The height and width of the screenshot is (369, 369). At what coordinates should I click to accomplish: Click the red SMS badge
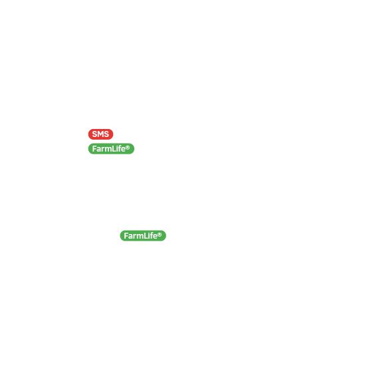(x=100, y=134)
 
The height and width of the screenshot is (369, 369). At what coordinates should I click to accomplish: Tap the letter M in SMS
(x=100, y=134)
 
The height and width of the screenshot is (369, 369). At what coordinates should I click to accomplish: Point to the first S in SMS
(x=94, y=134)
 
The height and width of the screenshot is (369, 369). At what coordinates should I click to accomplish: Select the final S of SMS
(x=106, y=134)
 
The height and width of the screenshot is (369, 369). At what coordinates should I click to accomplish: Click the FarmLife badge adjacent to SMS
(x=111, y=149)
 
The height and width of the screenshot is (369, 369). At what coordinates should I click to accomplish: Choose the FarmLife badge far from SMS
(x=143, y=235)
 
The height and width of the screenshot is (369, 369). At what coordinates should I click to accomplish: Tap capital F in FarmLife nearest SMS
(x=94, y=149)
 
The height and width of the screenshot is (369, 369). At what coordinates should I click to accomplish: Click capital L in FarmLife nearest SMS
(x=113, y=149)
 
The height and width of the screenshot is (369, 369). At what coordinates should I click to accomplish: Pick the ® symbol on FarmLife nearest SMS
(x=128, y=148)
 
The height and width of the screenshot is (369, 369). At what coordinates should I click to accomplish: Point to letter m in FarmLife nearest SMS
(x=108, y=150)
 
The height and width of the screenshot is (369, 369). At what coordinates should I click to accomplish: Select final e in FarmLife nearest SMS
(x=123, y=150)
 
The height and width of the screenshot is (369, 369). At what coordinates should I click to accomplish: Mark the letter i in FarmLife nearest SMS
(x=116, y=149)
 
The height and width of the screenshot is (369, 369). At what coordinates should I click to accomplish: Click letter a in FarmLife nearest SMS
(x=98, y=150)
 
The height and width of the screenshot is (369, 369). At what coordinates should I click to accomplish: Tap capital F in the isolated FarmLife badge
(x=126, y=235)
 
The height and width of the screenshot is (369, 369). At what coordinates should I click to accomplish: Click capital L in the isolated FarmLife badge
(x=145, y=235)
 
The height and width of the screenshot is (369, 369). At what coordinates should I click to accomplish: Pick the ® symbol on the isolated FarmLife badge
(x=160, y=235)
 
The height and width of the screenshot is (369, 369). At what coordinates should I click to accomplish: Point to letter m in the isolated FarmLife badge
(x=140, y=236)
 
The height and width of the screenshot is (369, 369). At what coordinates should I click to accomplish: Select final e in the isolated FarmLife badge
(x=155, y=236)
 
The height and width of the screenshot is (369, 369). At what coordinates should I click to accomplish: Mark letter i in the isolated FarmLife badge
(x=148, y=235)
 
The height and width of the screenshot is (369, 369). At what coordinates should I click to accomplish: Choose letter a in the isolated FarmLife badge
(x=130, y=236)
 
